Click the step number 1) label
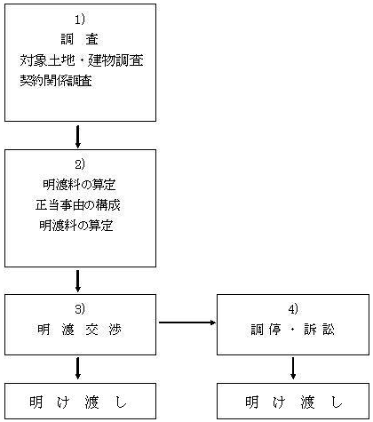coord(79,20)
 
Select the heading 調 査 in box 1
coord(80,39)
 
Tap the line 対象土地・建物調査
coord(82,60)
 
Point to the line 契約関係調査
coord(56,81)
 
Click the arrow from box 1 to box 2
coord(78,137)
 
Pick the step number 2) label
coord(80,164)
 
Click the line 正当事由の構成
coord(78,205)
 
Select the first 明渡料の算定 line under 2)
coord(79,185)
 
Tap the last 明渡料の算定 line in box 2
coord(76,226)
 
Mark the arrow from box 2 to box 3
coord(78,282)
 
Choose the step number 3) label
coord(80,309)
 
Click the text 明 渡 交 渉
coord(80,330)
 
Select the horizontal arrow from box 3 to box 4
coord(187,322)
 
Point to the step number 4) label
coord(293,309)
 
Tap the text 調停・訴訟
coord(293,330)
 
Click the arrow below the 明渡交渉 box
coord(78,368)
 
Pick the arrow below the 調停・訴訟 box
coord(293,368)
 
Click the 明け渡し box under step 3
coord(80,401)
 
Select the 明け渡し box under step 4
coord(293,401)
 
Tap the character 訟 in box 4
coord(329,330)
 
